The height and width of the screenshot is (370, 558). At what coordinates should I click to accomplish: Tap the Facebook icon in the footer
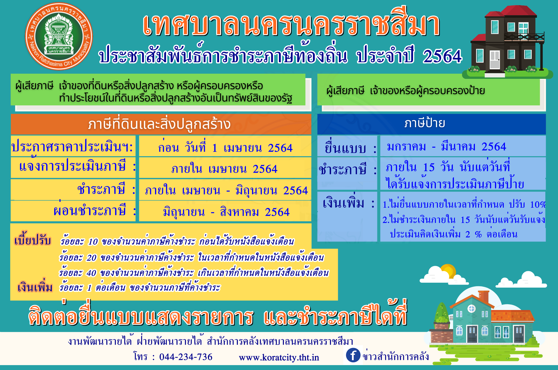[353, 355]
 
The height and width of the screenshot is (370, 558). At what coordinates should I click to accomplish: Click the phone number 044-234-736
[186, 357]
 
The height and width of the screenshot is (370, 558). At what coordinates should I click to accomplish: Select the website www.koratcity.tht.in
[279, 357]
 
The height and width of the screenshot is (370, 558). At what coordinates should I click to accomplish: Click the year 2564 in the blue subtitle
[442, 56]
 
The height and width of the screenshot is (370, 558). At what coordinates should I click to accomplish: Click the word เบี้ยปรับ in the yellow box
[33, 240]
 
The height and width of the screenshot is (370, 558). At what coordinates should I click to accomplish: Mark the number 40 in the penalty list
[91, 273]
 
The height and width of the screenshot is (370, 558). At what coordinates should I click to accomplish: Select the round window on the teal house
[472, 309]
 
